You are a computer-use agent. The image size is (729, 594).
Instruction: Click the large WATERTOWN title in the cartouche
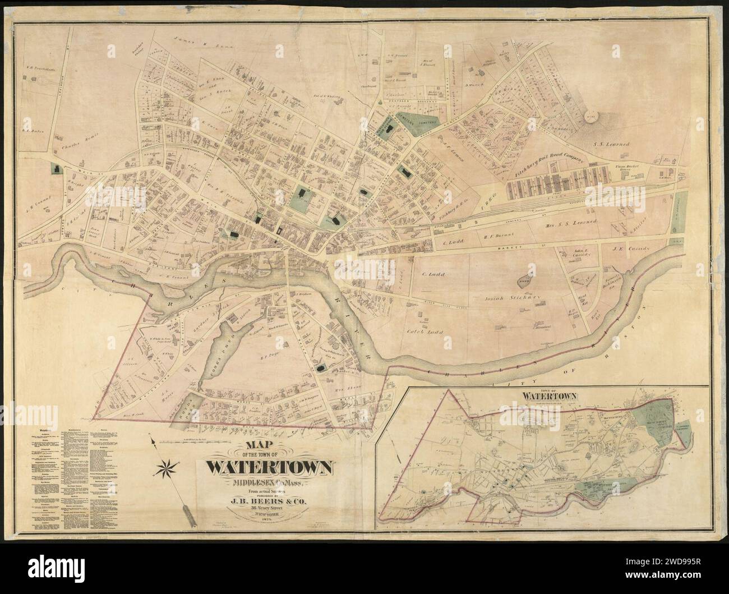271,467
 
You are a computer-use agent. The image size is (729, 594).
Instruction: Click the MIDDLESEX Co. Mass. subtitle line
271,481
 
